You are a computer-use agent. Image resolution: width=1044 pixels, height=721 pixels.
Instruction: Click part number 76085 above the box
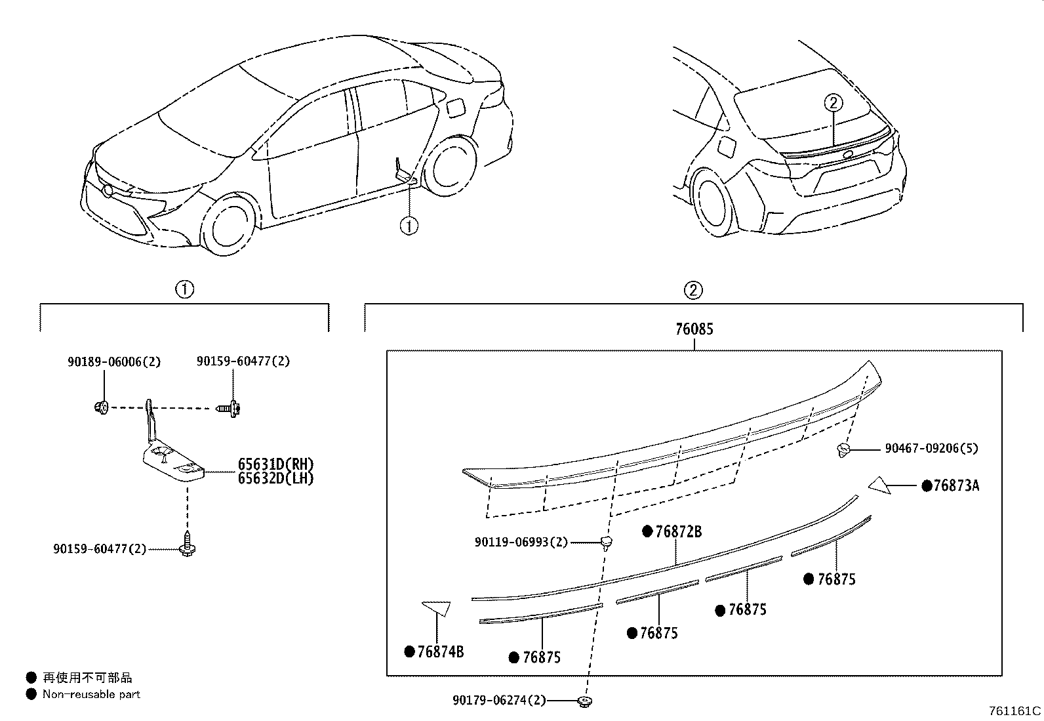(x=694, y=329)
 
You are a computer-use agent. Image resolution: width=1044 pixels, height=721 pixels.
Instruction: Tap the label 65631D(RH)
(x=275, y=466)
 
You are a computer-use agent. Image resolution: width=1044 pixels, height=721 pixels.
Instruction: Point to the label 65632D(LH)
(x=275, y=478)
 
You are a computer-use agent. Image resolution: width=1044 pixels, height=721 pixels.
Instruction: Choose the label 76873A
(x=956, y=486)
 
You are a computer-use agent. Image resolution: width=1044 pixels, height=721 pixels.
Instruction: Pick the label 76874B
(x=440, y=651)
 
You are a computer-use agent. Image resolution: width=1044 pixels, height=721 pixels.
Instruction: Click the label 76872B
(x=678, y=531)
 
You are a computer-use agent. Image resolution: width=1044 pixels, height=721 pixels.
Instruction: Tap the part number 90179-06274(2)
(x=498, y=701)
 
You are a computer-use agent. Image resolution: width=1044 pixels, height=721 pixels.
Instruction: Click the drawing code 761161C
(x=1014, y=711)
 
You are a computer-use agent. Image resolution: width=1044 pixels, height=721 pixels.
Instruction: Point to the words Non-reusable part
(x=91, y=694)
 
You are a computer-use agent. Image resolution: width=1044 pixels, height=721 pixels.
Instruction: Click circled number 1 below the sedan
(x=409, y=226)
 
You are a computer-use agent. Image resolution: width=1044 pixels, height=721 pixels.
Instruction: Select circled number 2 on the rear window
(x=833, y=103)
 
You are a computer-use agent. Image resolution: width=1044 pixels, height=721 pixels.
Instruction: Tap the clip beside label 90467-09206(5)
(x=844, y=450)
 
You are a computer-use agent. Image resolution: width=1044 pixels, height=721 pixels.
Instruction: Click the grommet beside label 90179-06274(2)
(x=583, y=702)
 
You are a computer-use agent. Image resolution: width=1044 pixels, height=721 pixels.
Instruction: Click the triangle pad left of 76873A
(x=880, y=485)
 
